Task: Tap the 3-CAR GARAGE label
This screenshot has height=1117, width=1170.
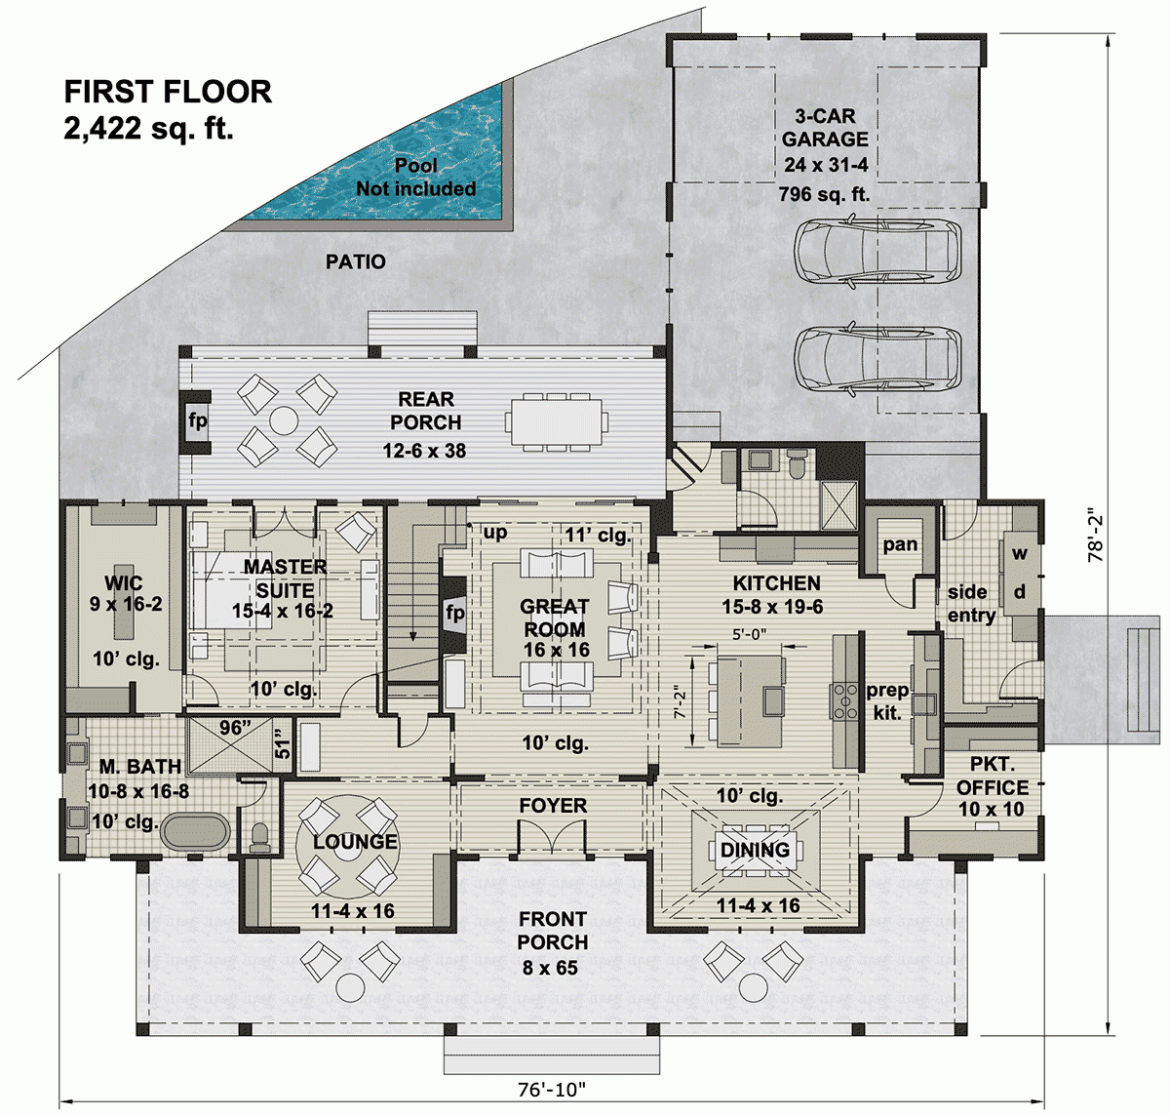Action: (825, 128)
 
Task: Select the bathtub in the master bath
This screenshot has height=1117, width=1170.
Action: (195, 833)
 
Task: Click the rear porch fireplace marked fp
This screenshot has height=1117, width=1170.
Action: (198, 421)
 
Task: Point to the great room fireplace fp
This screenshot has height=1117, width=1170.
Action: (454, 614)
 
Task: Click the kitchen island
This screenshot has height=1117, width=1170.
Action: (751, 700)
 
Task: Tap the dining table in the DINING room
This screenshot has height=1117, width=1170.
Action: (756, 850)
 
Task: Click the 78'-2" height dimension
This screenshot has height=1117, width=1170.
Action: (1097, 535)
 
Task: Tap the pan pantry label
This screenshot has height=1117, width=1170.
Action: (900, 544)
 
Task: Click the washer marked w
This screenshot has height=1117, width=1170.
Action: (1020, 554)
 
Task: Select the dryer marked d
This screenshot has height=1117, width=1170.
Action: (1020, 592)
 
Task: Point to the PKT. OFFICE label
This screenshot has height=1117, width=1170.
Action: (992, 776)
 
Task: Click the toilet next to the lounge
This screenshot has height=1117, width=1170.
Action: (260, 836)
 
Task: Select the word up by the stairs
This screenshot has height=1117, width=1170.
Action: (495, 533)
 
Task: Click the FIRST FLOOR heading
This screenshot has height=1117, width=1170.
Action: (168, 92)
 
